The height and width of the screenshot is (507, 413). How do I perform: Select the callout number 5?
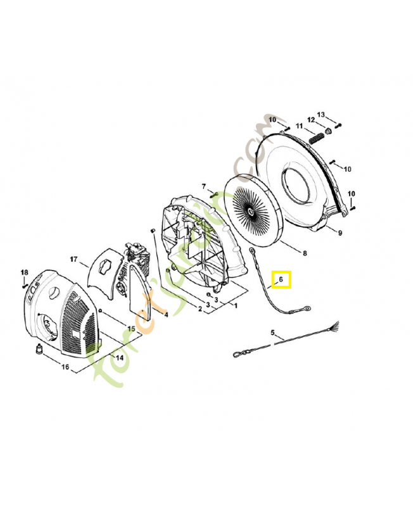[x=273, y=333]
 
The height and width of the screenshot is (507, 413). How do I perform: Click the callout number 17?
[x=73, y=259]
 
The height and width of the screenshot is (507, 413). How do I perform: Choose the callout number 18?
[x=24, y=272]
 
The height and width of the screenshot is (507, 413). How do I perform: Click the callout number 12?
[x=311, y=120]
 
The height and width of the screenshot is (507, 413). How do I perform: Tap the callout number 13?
[x=321, y=114]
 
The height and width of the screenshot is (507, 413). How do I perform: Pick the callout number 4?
[x=166, y=314]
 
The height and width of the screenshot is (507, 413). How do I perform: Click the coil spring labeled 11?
[x=316, y=136]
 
